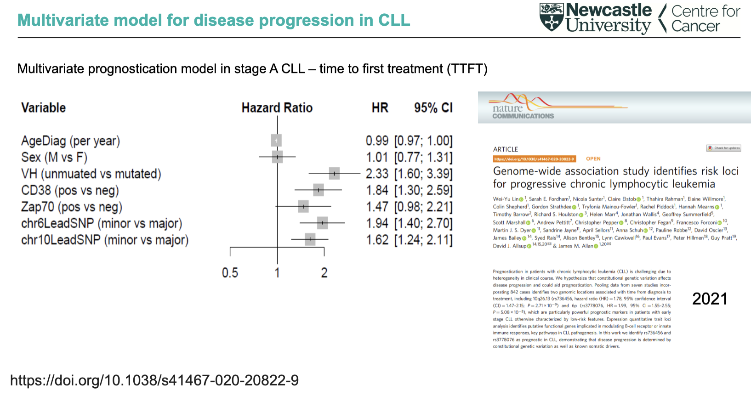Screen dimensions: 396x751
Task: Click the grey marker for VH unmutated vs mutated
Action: click(334, 173)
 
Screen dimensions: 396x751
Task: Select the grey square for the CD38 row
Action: click(318, 190)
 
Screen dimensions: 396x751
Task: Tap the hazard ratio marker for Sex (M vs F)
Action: click(277, 157)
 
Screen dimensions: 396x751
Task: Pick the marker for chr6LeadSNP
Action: click(322, 223)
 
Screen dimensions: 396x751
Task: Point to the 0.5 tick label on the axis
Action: click(230, 273)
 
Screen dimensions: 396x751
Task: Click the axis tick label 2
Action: click(324, 273)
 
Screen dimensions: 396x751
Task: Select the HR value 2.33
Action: click(377, 174)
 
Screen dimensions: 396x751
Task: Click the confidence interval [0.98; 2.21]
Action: click(423, 207)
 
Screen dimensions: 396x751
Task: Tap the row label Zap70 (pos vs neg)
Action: click(72, 207)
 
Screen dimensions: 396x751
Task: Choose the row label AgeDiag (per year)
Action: click(70, 141)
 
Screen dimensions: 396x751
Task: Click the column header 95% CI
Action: click(433, 108)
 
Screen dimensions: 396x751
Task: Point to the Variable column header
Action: click(44, 108)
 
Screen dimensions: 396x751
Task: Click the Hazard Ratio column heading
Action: click(277, 108)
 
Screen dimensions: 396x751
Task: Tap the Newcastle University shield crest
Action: click(552, 17)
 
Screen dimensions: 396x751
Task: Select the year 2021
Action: click(710, 299)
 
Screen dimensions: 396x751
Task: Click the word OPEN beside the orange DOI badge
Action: click(593, 159)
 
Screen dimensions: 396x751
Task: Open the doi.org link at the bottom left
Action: click(154, 380)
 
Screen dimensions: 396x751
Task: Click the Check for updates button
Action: click(723, 148)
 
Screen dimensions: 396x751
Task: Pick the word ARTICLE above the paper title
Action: click(505, 149)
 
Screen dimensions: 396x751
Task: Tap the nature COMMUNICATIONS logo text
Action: click(523, 112)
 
